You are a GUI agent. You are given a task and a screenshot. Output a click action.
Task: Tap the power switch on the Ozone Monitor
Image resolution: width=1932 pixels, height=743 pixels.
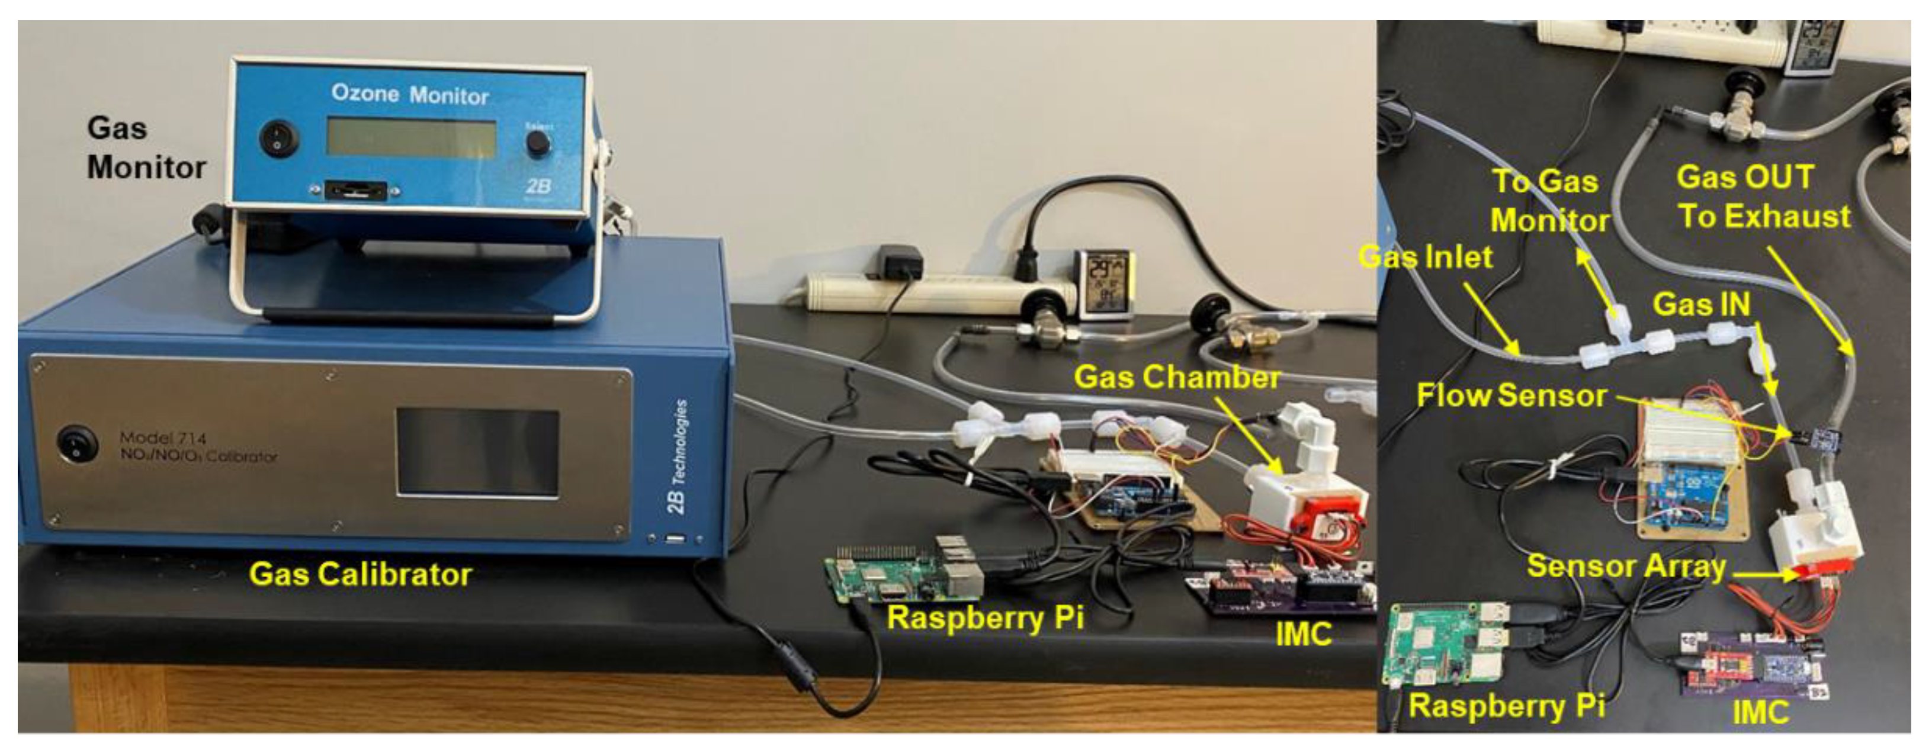click(x=279, y=139)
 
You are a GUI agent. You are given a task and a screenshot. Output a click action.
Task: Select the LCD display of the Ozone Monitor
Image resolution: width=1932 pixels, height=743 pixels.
click(x=411, y=139)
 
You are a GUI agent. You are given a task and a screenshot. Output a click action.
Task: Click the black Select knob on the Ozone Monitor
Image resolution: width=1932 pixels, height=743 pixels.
click(x=538, y=143)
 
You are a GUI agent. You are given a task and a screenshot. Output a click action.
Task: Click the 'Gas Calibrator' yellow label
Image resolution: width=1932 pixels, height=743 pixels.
click(x=360, y=574)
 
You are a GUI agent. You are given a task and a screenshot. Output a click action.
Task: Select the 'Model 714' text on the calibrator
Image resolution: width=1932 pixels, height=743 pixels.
click(x=163, y=438)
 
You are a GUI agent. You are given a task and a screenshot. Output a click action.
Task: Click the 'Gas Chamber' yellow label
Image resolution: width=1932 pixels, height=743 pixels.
click(x=1177, y=377)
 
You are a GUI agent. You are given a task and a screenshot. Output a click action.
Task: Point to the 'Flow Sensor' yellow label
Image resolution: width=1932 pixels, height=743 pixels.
click(x=1511, y=395)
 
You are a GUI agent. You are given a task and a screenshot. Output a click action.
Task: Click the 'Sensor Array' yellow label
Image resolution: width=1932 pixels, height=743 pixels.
click(x=1626, y=566)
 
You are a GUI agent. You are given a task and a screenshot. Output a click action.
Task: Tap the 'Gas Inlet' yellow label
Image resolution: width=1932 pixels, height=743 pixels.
click(x=1425, y=257)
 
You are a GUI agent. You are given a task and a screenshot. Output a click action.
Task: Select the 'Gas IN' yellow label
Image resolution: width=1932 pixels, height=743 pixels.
click(x=1701, y=304)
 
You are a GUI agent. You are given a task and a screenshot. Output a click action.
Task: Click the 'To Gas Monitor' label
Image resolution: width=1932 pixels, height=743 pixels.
click(x=1549, y=201)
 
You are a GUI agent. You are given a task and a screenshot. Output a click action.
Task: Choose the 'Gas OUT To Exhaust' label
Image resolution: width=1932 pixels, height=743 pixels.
click(x=1763, y=197)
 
